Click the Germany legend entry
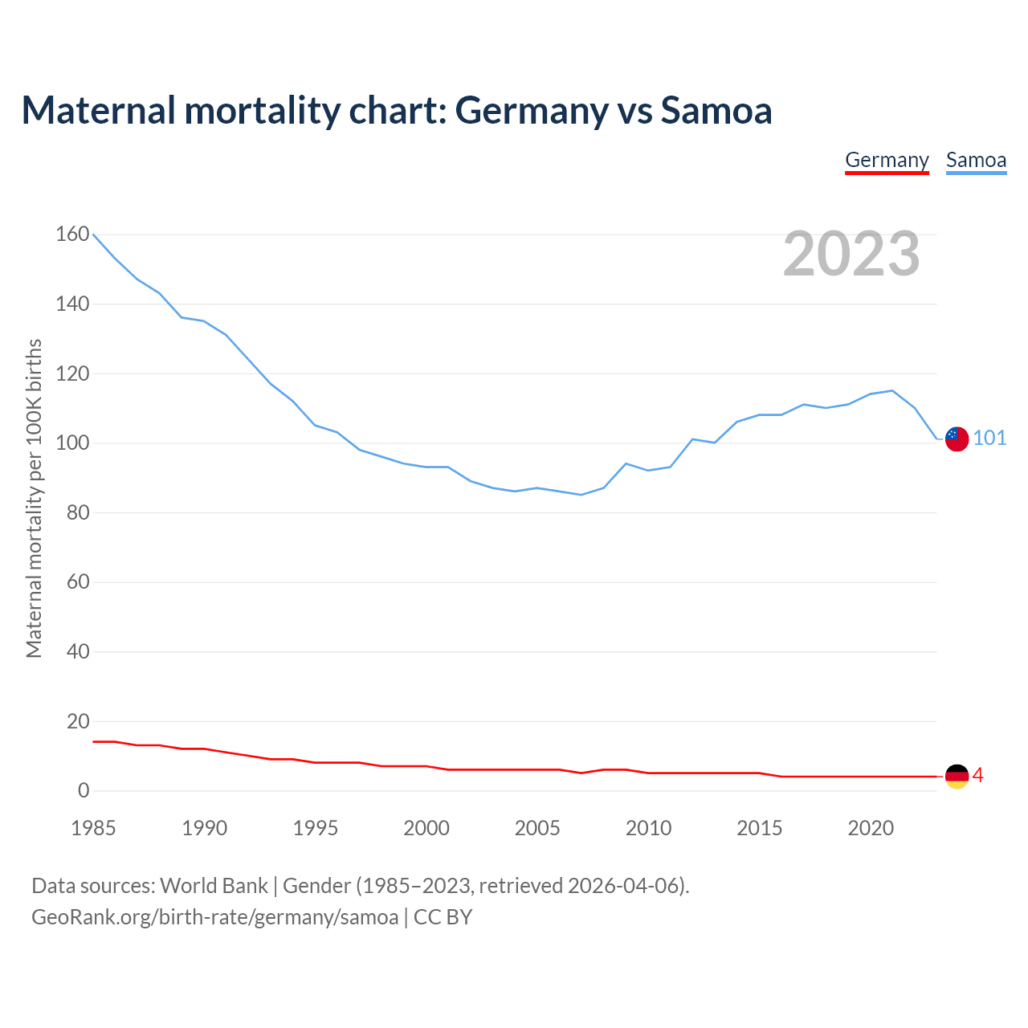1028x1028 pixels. point(887,160)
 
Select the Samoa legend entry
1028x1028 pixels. point(976,160)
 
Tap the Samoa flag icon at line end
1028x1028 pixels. point(957,439)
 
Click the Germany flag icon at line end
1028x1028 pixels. point(957,776)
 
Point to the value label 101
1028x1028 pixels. point(989,438)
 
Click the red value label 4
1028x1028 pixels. point(978,775)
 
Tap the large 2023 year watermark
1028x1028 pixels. point(851,254)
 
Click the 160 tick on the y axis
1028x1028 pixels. point(72,234)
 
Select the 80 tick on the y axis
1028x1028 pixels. point(78,512)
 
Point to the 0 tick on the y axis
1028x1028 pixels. point(84,791)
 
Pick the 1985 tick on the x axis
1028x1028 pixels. point(93,828)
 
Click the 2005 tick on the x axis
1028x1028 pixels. point(537,828)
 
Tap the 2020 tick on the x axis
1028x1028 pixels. point(871,828)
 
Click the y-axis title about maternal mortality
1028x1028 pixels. point(34,498)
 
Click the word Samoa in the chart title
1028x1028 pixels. point(716,111)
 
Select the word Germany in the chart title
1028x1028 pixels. point(532,111)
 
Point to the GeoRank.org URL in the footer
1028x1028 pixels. point(214,916)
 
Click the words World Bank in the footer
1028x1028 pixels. point(214,885)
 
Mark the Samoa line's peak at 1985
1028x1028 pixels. point(94,235)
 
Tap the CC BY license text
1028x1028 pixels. point(443,916)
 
